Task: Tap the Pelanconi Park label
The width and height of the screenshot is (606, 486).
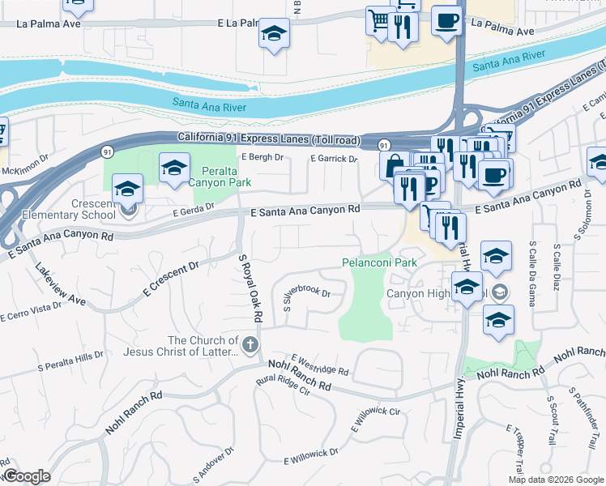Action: [x=378, y=262]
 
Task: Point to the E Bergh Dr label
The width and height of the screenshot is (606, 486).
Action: [x=262, y=156]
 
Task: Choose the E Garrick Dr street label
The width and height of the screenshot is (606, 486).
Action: [x=334, y=159]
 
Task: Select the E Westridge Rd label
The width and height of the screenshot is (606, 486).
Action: [x=319, y=364]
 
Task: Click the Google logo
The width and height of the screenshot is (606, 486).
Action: [x=27, y=476]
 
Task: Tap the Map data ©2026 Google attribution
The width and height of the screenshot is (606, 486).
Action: [x=555, y=480]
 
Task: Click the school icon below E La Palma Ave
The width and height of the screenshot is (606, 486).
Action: [x=274, y=35]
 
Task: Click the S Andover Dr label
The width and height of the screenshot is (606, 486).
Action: [x=213, y=464]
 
